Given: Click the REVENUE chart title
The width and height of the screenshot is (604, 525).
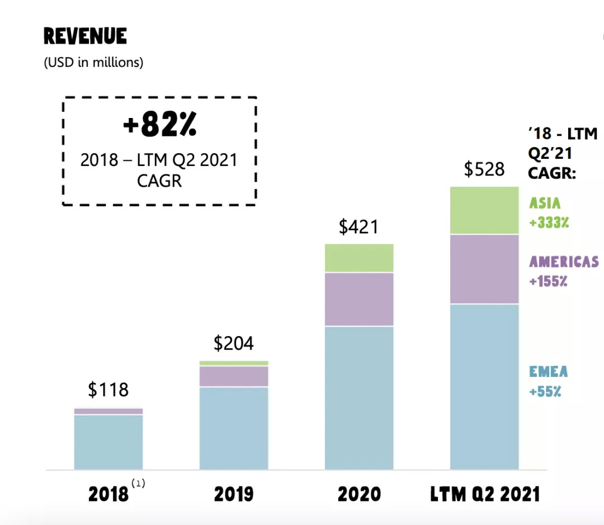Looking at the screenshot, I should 85,37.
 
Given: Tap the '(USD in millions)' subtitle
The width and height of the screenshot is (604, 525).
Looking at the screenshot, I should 93,62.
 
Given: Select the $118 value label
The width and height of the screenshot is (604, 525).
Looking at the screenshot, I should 108,390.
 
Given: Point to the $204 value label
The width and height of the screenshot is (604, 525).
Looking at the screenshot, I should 234,343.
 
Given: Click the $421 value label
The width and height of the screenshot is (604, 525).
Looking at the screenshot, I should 358,227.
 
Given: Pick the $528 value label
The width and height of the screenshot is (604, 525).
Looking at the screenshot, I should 484,169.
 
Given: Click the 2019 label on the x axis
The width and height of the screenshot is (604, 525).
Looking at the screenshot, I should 233,494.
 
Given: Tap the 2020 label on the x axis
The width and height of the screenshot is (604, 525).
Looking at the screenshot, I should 359,494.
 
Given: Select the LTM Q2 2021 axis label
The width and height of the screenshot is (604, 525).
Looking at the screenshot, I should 485,494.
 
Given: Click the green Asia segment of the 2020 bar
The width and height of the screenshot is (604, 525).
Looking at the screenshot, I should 359,258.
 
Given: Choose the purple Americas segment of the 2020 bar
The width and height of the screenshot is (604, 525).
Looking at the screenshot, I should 359,299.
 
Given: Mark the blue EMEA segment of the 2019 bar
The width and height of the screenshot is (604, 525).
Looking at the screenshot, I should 234,428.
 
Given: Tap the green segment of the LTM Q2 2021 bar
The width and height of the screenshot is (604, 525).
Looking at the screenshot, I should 484,210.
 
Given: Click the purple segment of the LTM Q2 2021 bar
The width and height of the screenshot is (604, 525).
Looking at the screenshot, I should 484,269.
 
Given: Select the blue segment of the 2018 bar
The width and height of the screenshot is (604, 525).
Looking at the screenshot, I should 108,442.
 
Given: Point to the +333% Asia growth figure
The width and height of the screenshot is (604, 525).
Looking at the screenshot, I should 549,223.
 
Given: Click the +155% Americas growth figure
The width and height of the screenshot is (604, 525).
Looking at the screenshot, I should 548,281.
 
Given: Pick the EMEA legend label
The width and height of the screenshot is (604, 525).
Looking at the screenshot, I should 548,372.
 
